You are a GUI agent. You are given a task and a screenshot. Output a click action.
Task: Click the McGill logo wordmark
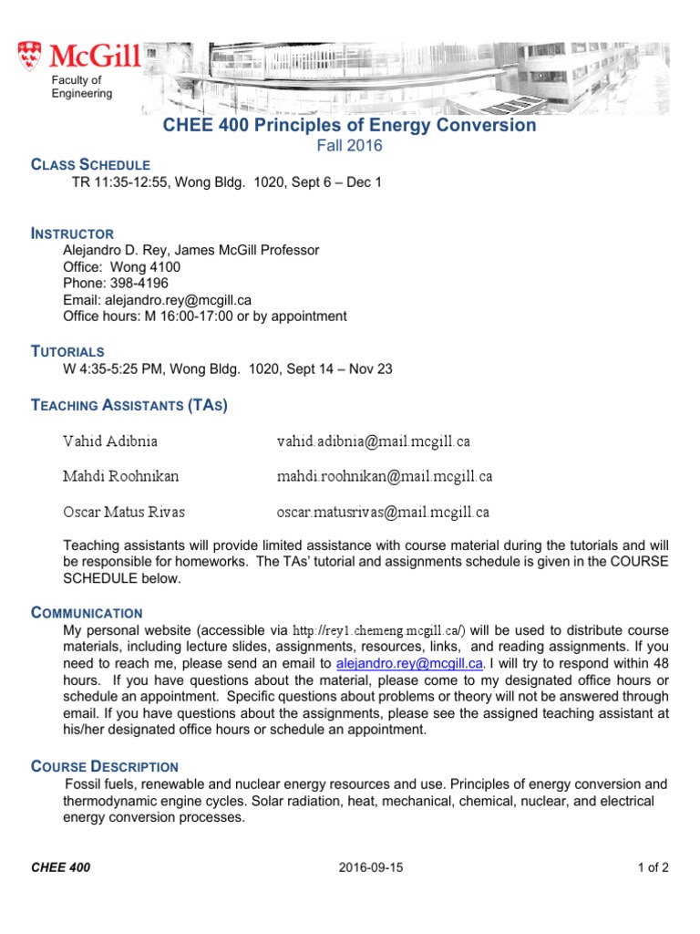tap(95, 58)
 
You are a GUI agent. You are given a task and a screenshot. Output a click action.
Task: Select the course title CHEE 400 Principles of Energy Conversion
tap(349, 125)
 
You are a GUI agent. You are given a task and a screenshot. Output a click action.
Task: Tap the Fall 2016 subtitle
tap(349, 146)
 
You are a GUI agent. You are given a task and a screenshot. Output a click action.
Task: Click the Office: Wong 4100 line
tap(121, 267)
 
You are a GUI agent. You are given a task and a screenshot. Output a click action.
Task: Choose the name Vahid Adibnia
tap(109, 441)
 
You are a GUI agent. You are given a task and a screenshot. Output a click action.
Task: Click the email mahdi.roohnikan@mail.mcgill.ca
tap(385, 476)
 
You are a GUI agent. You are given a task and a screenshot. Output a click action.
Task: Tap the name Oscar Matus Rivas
tap(123, 512)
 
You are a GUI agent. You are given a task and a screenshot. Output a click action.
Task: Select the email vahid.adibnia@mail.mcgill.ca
tap(374, 441)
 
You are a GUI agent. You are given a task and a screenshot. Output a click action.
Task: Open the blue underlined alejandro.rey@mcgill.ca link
tap(408, 663)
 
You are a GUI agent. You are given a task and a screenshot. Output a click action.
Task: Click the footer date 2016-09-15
tap(368, 867)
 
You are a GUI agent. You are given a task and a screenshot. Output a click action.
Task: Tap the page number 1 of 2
tap(653, 867)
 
